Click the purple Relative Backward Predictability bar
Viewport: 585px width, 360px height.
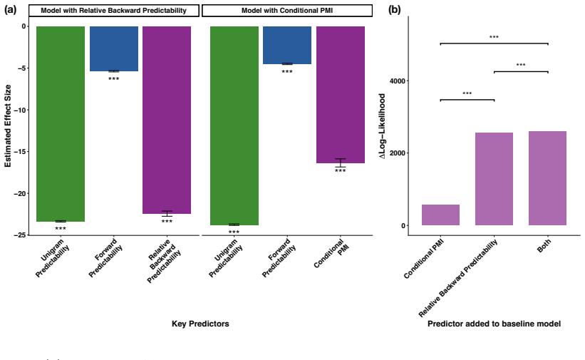167,120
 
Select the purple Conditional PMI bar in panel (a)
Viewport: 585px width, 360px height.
341,95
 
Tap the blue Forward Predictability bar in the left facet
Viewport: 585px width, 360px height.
114,49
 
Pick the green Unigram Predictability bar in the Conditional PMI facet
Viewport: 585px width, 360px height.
234,126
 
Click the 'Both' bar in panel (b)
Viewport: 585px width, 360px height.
547,178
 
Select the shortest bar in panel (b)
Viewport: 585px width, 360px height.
440,215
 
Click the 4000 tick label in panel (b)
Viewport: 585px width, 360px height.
398,81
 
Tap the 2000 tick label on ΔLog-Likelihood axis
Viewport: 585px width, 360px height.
398,153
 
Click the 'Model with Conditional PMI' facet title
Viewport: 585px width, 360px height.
287,11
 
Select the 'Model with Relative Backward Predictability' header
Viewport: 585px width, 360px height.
114,11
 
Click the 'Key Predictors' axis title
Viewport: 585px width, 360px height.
200,324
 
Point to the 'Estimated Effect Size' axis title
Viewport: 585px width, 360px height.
8,126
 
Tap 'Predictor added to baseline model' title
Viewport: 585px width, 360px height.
494,324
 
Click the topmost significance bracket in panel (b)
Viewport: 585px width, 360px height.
494,43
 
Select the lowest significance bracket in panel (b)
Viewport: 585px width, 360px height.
467,100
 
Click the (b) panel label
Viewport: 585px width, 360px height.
394,10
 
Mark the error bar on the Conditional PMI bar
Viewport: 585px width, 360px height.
341,163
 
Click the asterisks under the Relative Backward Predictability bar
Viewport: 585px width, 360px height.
167,222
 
